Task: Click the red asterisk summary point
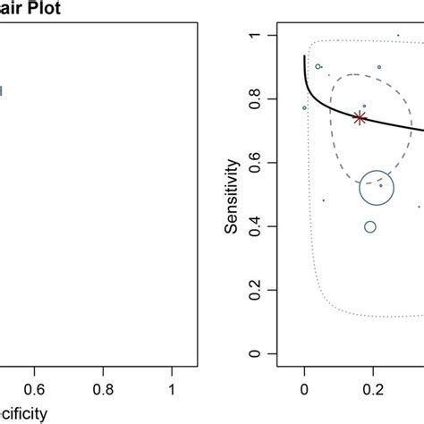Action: (360, 118)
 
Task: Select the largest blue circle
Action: (377, 188)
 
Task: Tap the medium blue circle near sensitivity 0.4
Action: (370, 226)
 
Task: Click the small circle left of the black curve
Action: (304, 108)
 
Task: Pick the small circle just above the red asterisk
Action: (363, 106)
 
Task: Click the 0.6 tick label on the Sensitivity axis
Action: (258, 163)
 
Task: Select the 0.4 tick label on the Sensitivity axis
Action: (258, 227)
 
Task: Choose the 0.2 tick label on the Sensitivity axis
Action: (258, 291)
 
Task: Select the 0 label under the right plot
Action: (304, 390)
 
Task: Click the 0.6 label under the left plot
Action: (35, 390)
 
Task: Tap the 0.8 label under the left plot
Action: (104, 390)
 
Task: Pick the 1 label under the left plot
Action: (173, 390)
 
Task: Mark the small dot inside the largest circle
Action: (380, 186)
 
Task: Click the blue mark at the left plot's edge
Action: (1, 89)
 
